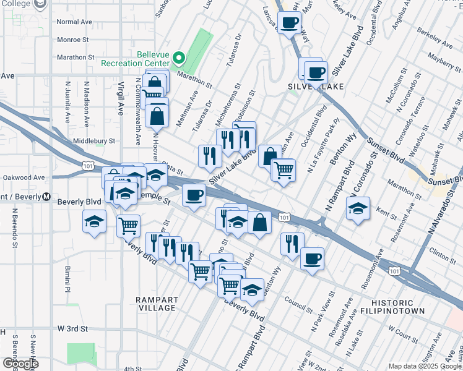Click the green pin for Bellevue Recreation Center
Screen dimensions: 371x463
(x=179, y=59)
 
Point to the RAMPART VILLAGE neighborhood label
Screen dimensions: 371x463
(x=157, y=304)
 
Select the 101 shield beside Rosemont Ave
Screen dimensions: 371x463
(x=394, y=270)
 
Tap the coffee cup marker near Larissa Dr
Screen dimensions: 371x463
(x=289, y=23)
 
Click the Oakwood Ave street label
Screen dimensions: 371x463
(x=23, y=177)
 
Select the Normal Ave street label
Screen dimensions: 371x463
(x=74, y=22)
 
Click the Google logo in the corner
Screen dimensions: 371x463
(x=20, y=364)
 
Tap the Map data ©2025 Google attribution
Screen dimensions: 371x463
(x=425, y=366)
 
